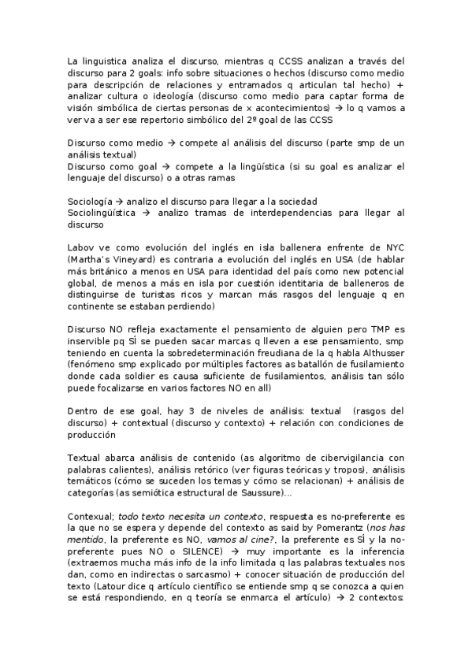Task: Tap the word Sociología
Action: tap(91, 202)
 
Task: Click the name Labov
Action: tap(80, 247)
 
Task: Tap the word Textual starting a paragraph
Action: tap(84, 458)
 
